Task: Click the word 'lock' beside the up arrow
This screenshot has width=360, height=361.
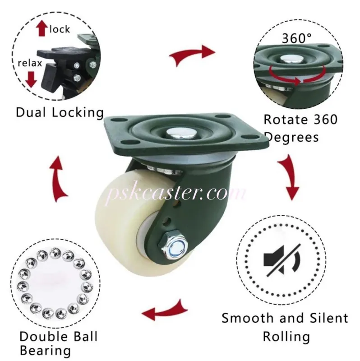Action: point(60,29)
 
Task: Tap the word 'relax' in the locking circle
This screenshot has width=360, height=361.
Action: point(30,63)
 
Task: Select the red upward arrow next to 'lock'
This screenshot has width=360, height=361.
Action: point(42,28)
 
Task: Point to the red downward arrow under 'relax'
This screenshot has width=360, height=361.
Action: point(31,79)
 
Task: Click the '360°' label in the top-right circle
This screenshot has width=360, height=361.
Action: point(297,38)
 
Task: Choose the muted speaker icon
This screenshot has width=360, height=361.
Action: point(282,260)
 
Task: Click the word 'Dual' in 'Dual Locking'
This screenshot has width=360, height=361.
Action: point(31,112)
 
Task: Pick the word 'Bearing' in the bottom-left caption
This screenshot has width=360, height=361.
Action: point(46,351)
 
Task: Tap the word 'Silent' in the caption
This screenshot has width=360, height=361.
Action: point(329,318)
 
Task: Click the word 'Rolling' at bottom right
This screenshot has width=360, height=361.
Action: point(286,337)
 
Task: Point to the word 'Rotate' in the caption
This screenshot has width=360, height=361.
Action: point(286,120)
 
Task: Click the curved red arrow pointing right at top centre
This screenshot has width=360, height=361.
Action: point(192,55)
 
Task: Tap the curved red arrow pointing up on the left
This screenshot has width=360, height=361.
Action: point(58,179)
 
